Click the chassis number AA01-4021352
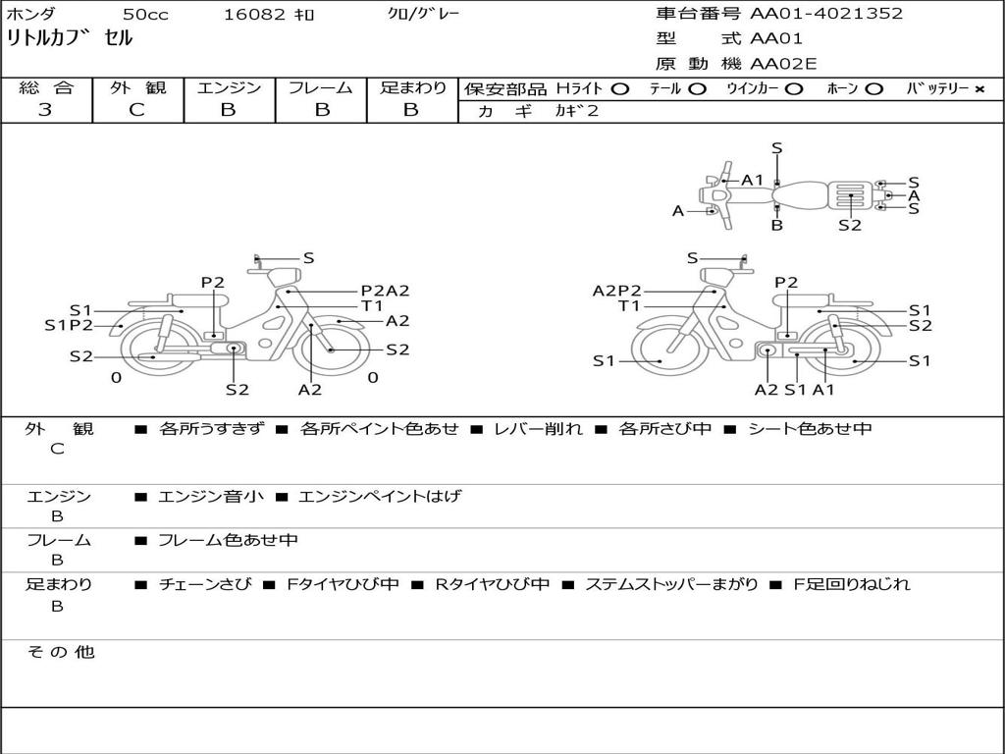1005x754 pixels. pos(826,14)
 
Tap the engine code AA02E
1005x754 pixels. pos(783,64)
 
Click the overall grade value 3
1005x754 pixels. pos(45,110)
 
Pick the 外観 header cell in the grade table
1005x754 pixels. pos(137,87)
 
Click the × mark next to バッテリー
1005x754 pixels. pos(979,89)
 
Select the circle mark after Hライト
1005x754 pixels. pos(620,89)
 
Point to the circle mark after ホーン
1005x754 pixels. pos(873,89)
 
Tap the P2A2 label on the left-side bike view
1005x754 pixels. pos(385,291)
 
